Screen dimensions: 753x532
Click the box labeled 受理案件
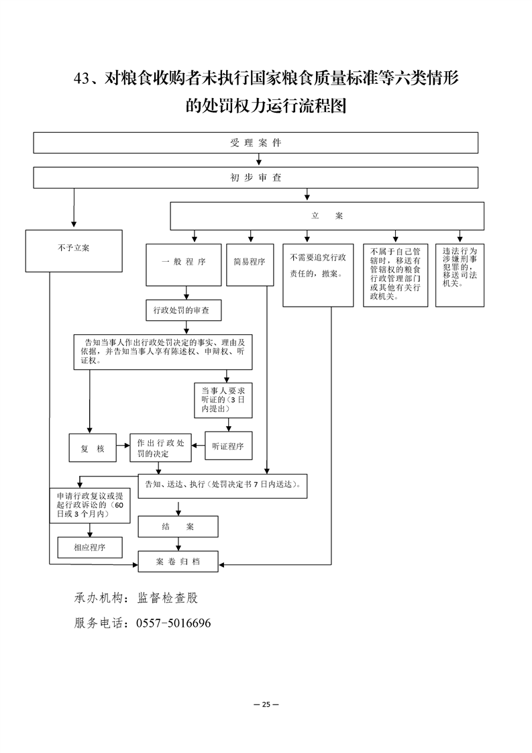256,143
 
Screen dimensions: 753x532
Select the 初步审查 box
256,178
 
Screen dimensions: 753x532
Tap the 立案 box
327,216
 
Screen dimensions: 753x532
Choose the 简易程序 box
250,262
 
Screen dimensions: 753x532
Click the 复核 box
93,448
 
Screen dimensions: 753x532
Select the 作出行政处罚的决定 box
161,448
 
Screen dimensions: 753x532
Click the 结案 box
178,526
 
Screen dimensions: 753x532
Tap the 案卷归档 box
178,561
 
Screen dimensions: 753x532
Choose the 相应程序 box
89,547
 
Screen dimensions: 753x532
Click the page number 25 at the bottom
266,704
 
